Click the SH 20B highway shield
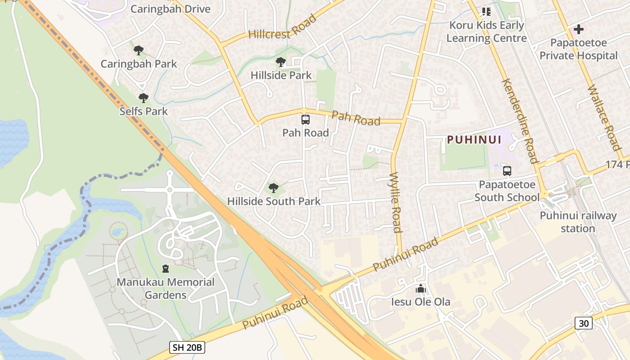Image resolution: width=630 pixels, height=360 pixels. (187, 347)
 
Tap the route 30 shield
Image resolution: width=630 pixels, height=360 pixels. (583, 323)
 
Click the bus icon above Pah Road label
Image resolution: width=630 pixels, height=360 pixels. (306, 120)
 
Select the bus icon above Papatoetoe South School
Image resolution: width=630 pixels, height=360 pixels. (507, 171)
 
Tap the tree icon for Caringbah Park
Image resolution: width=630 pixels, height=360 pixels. (139, 50)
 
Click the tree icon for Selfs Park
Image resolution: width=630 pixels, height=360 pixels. (144, 98)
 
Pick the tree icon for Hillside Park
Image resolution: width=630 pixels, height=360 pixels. (281, 62)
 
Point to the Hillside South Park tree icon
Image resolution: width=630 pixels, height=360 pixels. (273, 188)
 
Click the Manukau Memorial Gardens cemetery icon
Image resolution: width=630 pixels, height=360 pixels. (166, 269)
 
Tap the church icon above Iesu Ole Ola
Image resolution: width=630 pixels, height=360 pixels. (421, 288)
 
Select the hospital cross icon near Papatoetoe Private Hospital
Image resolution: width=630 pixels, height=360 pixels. (579, 30)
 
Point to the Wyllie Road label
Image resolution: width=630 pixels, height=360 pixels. (395, 202)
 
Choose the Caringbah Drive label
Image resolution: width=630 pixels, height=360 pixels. (170, 9)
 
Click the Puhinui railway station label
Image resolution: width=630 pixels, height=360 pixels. (578, 222)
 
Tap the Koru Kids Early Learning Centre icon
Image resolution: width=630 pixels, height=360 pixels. (486, 11)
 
